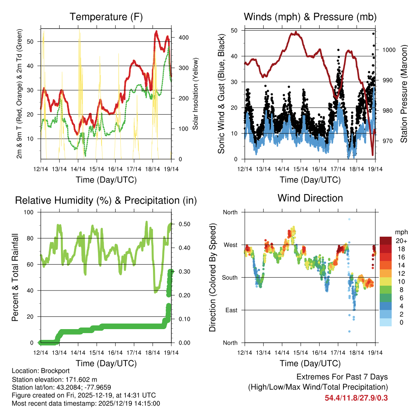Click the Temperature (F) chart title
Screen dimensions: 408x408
point(106,17)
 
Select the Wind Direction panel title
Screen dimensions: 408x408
point(310,198)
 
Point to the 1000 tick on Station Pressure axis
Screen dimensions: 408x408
point(388,50)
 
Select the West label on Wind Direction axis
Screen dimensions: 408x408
point(230,245)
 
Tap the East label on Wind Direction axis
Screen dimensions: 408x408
point(231,310)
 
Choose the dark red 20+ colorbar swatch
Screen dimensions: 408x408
point(386,241)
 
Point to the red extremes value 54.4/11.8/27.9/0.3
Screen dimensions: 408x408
point(356,398)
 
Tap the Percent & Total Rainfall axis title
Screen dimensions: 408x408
point(15,277)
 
